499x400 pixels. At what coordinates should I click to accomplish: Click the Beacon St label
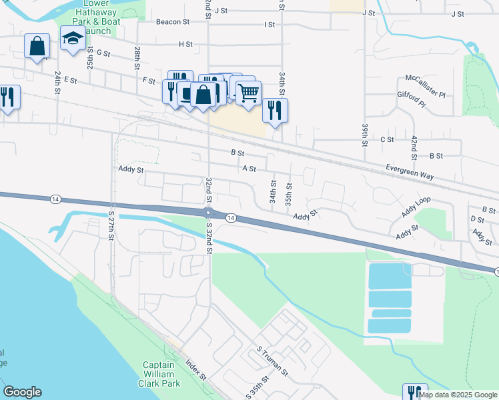point(173,21)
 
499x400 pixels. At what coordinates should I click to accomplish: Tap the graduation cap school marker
point(72,39)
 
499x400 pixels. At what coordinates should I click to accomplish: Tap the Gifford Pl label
point(411,100)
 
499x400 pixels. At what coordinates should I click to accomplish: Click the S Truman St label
point(272,359)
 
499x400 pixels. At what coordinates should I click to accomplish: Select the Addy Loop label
point(416,207)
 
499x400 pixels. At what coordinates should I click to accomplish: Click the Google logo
point(22,392)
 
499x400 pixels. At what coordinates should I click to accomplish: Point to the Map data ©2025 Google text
point(458,395)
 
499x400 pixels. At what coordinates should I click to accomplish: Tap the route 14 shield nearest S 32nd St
point(230,218)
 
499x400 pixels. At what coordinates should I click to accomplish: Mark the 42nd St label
point(414,147)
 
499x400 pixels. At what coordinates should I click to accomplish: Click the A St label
point(249,169)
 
